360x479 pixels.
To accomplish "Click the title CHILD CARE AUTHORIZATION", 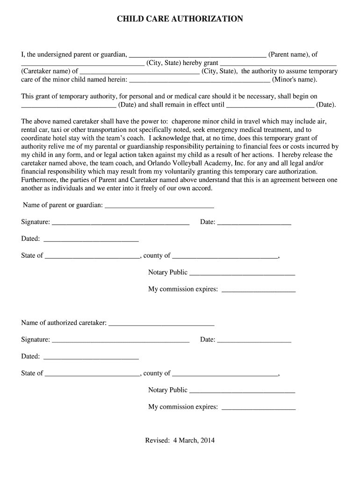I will click(180, 19).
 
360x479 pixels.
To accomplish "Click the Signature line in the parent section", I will click(120, 222).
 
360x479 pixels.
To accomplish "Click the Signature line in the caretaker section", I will click(120, 340).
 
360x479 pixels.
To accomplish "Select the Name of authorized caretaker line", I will click(161, 323).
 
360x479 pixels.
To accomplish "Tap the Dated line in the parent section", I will click(91, 239).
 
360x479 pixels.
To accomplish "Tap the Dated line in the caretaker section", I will click(91, 357).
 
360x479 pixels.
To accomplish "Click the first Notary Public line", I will click(242, 273).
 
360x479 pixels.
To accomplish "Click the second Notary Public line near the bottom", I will click(242, 391).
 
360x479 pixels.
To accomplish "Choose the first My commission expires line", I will click(258, 290).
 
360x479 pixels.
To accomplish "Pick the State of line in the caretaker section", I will click(92, 374).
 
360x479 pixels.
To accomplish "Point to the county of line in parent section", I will click(225, 256).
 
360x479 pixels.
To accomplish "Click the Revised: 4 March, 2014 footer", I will click(180, 440).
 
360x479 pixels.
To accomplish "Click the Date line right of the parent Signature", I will click(254, 222).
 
